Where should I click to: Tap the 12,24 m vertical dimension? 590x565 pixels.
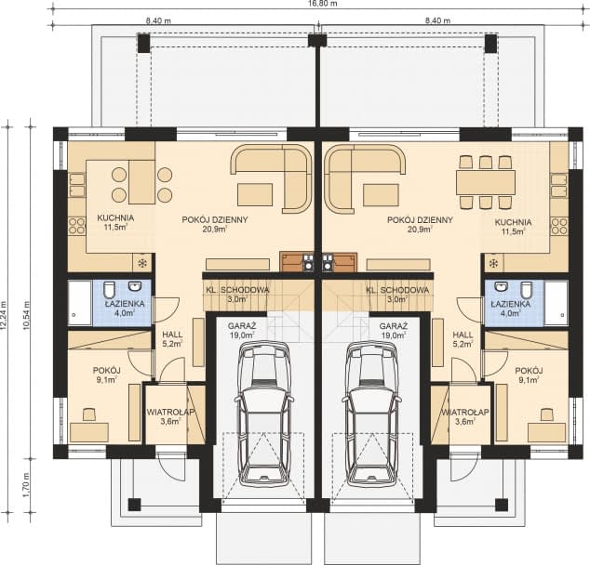(x=4, y=315)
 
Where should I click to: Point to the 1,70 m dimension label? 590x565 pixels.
(x=26, y=484)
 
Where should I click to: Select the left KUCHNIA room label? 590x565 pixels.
(x=115, y=217)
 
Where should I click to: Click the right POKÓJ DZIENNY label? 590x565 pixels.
(x=420, y=219)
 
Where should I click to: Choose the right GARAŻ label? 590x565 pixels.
(x=393, y=325)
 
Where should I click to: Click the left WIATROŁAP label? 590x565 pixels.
(x=170, y=412)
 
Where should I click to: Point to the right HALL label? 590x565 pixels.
(x=463, y=335)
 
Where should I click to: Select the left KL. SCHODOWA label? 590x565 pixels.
(x=237, y=290)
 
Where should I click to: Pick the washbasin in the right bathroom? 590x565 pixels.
(x=501, y=286)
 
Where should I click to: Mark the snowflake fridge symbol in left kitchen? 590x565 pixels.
(x=142, y=263)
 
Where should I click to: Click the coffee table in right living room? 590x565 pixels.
(x=381, y=195)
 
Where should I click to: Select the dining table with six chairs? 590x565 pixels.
(x=486, y=182)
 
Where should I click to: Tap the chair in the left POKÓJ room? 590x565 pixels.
(x=89, y=414)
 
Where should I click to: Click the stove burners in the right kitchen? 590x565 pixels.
(x=559, y=226)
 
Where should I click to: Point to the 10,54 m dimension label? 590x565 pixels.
(x=26, y=315)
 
